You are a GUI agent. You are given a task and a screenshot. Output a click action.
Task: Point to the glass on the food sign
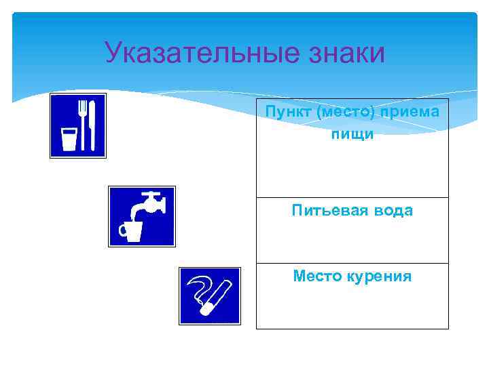pos(68,138)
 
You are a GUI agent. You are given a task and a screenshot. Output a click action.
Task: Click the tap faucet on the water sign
pos(149,203)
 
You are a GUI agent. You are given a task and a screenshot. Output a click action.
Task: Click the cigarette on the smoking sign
pos(215,302)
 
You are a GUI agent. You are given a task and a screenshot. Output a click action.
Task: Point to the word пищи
pos(352,134)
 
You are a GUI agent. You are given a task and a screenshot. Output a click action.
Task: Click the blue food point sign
pos(78,125)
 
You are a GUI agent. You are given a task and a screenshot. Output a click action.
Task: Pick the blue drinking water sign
pos(142,216)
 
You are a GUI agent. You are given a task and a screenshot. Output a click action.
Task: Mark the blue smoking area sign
pos(209,296)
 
